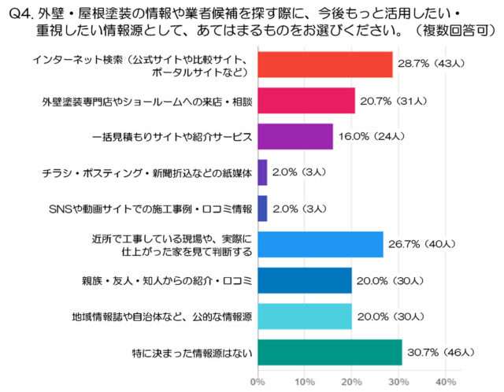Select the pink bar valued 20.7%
[x=306, y=101]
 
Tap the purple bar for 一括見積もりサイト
[x=295, y=136]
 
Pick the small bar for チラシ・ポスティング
[x=261, y=172]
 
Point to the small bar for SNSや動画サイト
[x=261, y=209]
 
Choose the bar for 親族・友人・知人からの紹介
[x=304, y=280]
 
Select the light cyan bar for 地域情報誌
[x=304, y=316]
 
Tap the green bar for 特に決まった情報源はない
[x=329, y=352]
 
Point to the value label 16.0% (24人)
[x=371, y=136]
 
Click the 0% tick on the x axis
[x=257, y=382]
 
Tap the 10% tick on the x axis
[x=304, y=382]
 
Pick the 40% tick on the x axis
[x=446, y=382]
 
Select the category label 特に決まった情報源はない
[x=193, y=353]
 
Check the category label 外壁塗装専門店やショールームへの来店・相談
[x=146, y=102]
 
